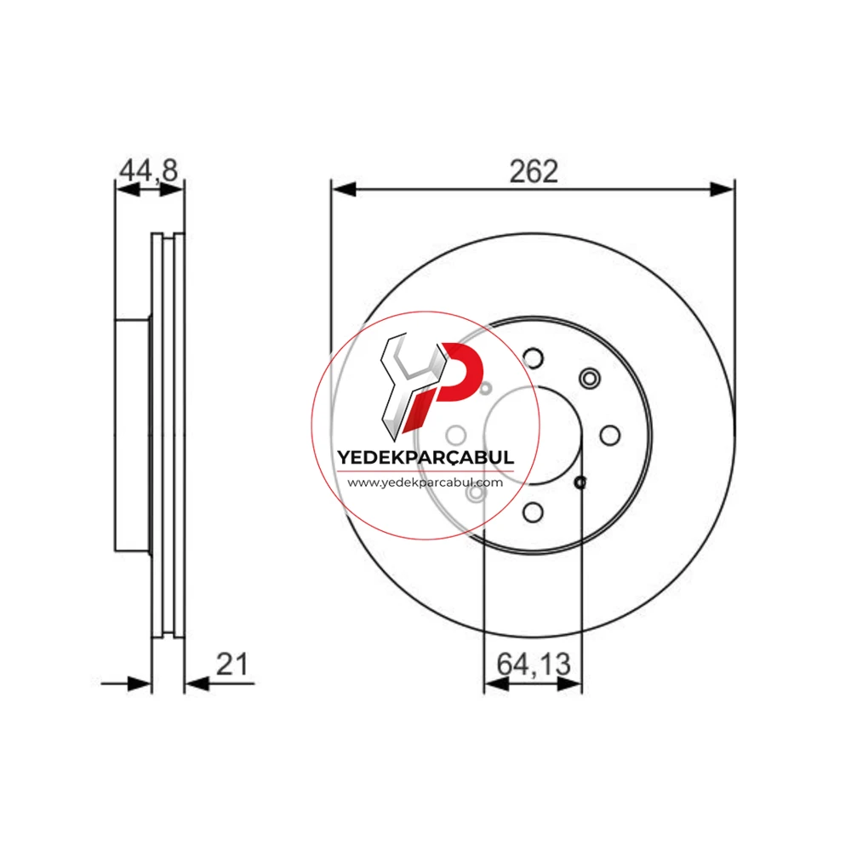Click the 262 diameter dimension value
[534, 172]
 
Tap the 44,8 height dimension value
[149, 170]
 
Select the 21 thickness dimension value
[232, 664]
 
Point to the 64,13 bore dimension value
[534, 665]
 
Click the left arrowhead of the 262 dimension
[344, 190]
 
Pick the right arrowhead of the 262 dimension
[722, 190]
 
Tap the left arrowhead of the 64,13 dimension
[496, 684]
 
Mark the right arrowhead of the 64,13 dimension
[570, 684]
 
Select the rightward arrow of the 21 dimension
[126, 684]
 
